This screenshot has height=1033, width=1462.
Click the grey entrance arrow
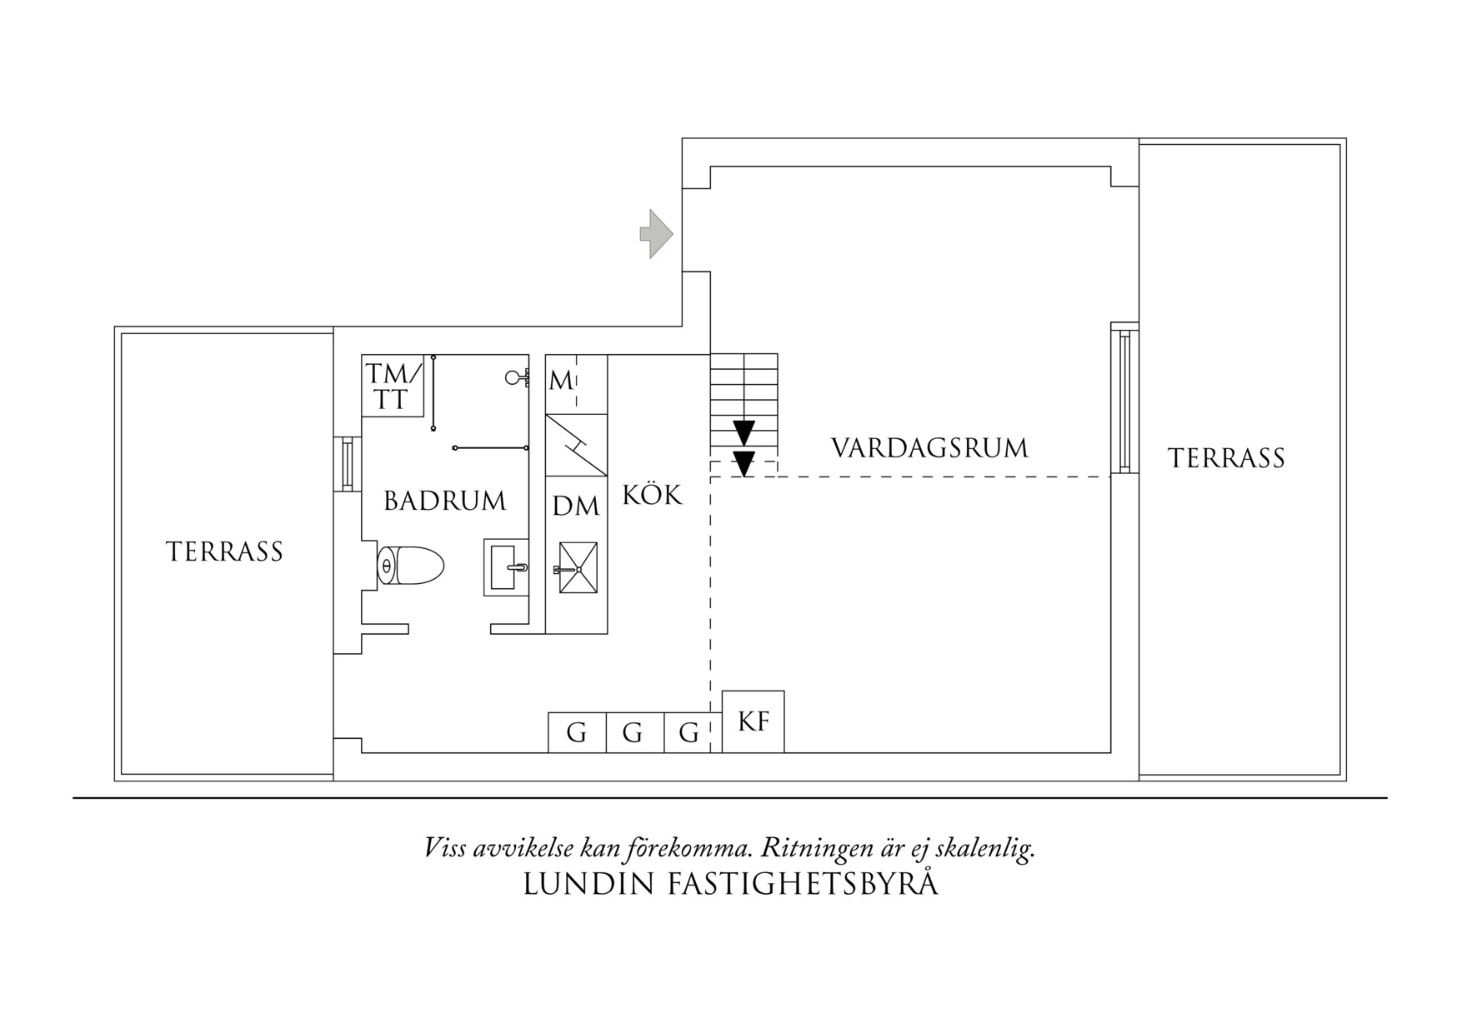(657, 234)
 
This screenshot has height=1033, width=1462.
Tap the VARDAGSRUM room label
(929, 448)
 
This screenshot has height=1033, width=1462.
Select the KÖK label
(652, 495)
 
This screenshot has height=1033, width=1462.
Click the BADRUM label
(444, 501)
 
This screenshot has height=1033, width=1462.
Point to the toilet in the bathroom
(410, 566)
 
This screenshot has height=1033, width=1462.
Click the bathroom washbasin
(506, 567)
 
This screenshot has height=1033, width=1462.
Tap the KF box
(753, 721)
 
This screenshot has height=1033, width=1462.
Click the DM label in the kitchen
(576, 505)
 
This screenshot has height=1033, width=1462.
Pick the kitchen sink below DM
(578, 568)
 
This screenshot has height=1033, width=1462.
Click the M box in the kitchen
(562, 382)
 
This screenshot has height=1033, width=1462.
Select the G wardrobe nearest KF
(688, 733)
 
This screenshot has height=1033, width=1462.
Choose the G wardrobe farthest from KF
(576, 733)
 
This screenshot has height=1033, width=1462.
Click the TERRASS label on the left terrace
(224, 551)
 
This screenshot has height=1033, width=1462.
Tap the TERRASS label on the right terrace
(1226, 458)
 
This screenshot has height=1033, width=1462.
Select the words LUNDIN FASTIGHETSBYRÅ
(730, 885)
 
